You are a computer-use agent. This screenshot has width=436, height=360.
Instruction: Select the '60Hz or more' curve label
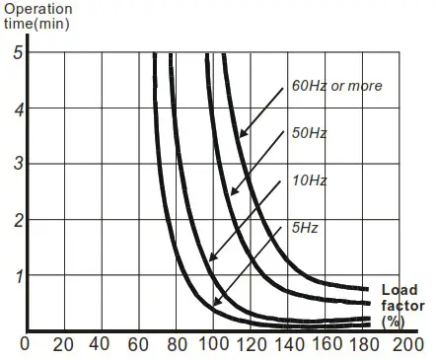pyautogui.click(x=335, y=86)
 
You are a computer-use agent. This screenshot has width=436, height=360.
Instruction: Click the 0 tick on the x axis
pyautogui.click(x=26, y=345)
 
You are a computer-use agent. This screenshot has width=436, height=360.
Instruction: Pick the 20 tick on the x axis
pyautogui.click(x=61, y=345)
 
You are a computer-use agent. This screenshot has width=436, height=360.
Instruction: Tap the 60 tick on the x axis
pyautogui.click(x=136, y=345)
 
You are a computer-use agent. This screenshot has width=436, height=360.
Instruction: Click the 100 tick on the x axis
pyautogui.click(x=211, y=345)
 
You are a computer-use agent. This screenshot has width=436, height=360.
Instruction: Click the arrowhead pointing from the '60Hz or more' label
pyautogui.click(x=241, y=135)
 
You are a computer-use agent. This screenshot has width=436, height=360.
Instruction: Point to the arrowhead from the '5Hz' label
pyautogui.click(x=216, y=302)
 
